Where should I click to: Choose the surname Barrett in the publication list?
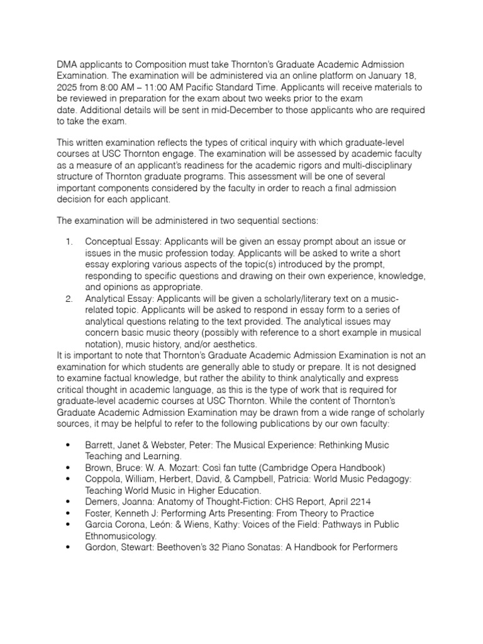click(101, 445)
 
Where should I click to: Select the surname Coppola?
click(104, 479)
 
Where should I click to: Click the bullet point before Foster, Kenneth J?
click(68, 513)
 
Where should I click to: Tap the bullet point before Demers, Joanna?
click(68, 502)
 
